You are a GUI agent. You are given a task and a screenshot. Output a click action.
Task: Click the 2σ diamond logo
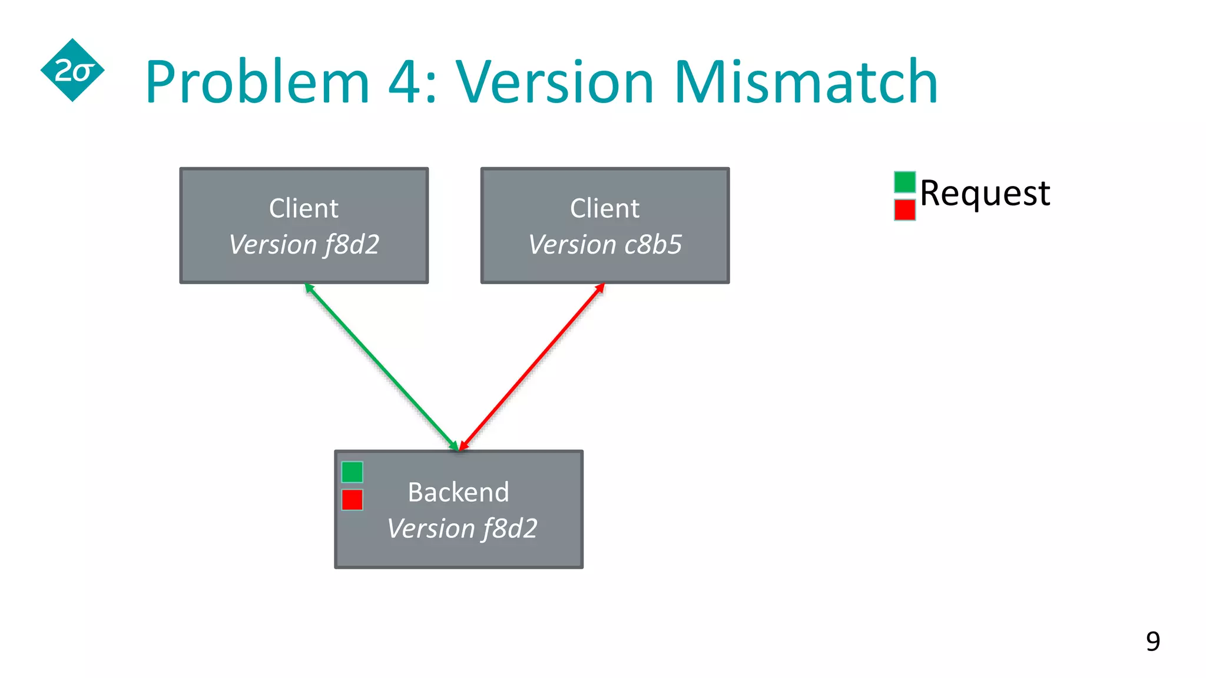[x=72, y=71]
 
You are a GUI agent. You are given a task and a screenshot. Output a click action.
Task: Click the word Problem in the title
[x=257, y=82]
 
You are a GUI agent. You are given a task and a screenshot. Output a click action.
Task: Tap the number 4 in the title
[x=406, y=82]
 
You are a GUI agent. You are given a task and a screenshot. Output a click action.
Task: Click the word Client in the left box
[x=303, y=208]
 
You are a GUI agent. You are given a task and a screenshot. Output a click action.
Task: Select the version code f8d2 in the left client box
[x=352, y=244]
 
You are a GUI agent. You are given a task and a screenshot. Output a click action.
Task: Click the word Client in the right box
[x=604, y=208]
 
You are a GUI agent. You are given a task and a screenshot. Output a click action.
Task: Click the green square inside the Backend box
[x=352, y=472]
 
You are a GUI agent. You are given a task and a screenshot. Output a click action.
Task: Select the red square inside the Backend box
[x=352, y=500]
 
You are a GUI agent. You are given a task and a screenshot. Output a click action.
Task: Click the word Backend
[x=458, y=492]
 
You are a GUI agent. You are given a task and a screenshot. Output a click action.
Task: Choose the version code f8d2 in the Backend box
[x=509, y=528]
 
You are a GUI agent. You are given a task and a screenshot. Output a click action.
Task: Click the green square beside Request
[x=904, y=182]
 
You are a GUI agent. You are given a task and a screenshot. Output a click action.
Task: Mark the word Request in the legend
[x=985, y=193]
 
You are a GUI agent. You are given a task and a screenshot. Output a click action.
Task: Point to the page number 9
[x=1152, y=641]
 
